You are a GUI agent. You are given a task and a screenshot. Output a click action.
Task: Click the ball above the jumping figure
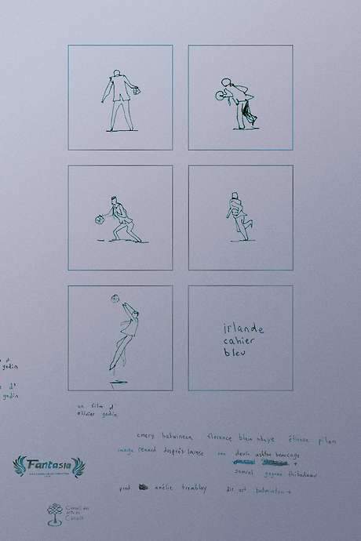[x=114, y=298]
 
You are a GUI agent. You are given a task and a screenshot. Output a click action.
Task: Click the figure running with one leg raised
[x=239, y=216]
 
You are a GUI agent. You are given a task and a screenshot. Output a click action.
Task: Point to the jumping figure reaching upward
[x=126, y=333]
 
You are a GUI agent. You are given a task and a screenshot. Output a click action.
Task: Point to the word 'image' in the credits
[x=126, y=452]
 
